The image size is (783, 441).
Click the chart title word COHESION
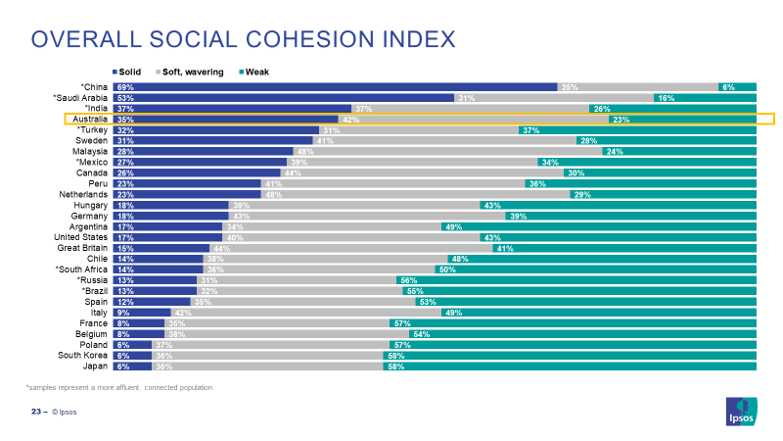(302, 39)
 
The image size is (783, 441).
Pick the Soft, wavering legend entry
(188, 72)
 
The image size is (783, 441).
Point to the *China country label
(94, 87)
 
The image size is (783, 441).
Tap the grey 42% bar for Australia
(472, 120)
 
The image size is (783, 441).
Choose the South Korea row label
(82, 356)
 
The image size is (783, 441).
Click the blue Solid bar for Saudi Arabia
(283, 98)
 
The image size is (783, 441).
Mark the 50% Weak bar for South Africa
(596, 269)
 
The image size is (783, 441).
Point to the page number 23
(34, 412)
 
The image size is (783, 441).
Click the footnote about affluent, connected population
(118, 388)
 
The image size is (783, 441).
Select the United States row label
(80, 237)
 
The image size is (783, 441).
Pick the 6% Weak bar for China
(737, 87)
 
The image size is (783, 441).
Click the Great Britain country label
(81, 248)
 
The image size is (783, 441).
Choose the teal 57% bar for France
(572, 323)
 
